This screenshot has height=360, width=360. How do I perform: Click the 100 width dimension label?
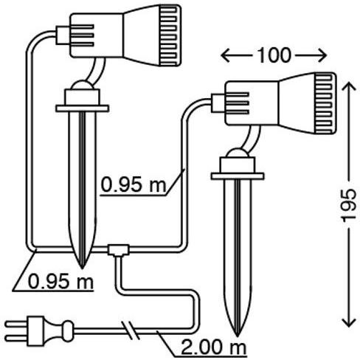(x=274, y=55)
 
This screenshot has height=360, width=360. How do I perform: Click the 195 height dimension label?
(x=349, y=205)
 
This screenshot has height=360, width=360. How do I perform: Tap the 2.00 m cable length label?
(x=213, y=347)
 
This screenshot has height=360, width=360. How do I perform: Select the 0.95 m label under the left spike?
(x=60, y=282)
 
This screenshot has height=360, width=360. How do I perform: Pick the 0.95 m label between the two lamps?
(x=134, y=185)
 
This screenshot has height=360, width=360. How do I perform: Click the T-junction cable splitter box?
(x=119, y=250)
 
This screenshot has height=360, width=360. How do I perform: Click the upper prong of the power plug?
(x=16, y=324)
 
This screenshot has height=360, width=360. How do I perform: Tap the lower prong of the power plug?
(x=16, y=339)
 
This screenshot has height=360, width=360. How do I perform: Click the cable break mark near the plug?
(x=131, y=331)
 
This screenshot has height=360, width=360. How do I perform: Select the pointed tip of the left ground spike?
(x=82, y=268)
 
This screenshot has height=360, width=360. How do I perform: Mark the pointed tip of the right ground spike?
(x=237, y=336)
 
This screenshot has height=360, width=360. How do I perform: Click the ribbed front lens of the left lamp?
(x=170, y=36)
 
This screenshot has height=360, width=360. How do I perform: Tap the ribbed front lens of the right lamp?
(x=325, y=103)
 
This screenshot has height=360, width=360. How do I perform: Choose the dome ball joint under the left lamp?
(x=82, y=85)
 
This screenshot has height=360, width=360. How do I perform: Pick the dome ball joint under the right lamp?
(x=238, y=153)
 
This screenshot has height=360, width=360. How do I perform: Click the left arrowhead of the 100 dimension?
(x=225, y=55)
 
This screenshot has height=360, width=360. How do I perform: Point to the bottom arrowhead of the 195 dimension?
(x=349, y=322)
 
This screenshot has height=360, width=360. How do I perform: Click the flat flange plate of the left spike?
(x=82, y=108)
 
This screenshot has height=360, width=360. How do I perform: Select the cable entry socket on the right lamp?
(x=218, y=103)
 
